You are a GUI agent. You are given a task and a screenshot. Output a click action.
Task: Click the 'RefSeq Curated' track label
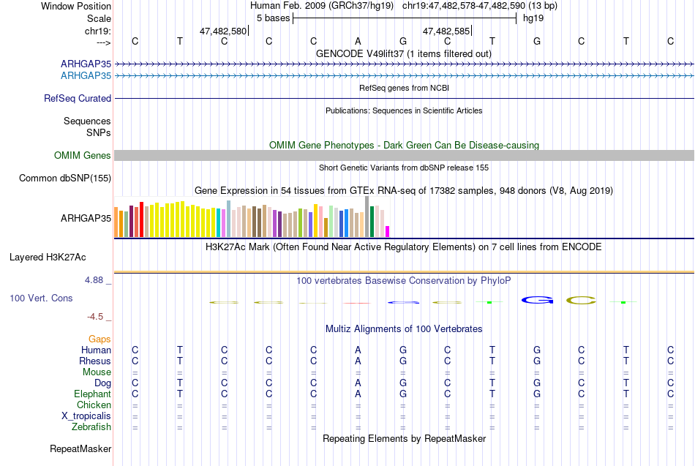click(78, 99)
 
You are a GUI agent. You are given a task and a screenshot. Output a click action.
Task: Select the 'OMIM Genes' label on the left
click(83, 155)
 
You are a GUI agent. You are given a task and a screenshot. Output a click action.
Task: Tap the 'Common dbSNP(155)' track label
click(65, 178)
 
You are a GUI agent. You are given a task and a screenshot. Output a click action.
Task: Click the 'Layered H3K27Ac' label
click(48, 258)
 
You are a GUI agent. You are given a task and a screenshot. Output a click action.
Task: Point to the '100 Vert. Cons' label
click(41, 298)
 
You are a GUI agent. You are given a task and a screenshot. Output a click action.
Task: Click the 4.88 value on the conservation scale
click(94, 280)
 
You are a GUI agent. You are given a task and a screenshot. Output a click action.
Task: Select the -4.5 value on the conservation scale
click(95, 317)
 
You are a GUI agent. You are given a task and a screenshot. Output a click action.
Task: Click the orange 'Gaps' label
click(99, 339)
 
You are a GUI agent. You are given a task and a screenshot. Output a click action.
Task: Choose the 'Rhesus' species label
click(95, 361)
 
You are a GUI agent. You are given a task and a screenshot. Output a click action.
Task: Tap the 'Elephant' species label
click(93, 394)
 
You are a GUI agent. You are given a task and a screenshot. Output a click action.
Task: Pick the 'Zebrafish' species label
click(91, 427)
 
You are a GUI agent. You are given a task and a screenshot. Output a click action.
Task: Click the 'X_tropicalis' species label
click(86, 416)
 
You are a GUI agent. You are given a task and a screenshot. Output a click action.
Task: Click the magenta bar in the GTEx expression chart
click(388, 231)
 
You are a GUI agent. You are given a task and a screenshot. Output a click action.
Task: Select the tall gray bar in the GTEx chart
click(367, 217)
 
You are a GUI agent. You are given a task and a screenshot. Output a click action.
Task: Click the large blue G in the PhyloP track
click(537, 300)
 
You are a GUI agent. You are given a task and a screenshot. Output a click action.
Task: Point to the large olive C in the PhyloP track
click(581, 300)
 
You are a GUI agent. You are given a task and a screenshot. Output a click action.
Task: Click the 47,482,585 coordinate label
click(446, 31)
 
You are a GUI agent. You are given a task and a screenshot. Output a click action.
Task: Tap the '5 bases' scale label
click(273, 18)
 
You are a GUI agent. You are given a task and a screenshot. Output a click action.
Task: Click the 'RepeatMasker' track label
click(80, 448)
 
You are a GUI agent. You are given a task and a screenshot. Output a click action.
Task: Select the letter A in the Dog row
click(358, 383)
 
